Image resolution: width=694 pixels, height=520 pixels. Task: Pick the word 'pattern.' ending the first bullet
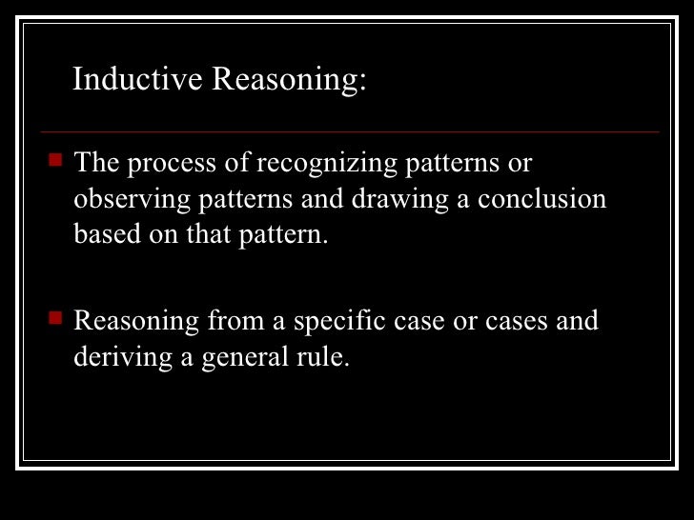point(289,234)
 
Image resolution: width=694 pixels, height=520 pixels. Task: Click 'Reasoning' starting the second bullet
point(137,321)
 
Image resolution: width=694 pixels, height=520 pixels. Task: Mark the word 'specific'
point(337,321)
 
